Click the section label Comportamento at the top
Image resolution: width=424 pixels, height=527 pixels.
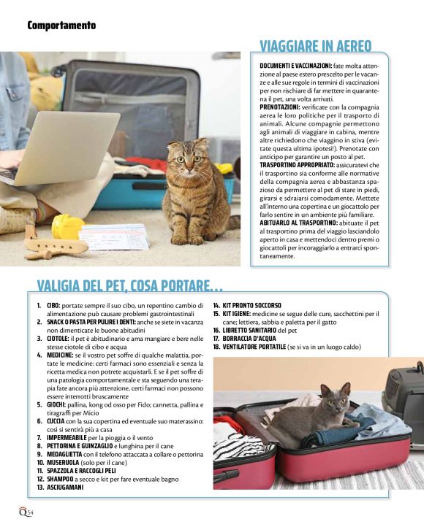click(x=61, y=26)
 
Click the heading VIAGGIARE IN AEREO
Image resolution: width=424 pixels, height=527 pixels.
click(x=315, y=46)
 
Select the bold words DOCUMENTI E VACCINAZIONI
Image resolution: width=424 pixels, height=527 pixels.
click(x=295, y=66)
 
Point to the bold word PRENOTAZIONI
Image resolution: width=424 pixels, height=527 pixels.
click(x=280, y=107)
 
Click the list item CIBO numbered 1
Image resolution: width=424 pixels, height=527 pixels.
click(x=53, y=306)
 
